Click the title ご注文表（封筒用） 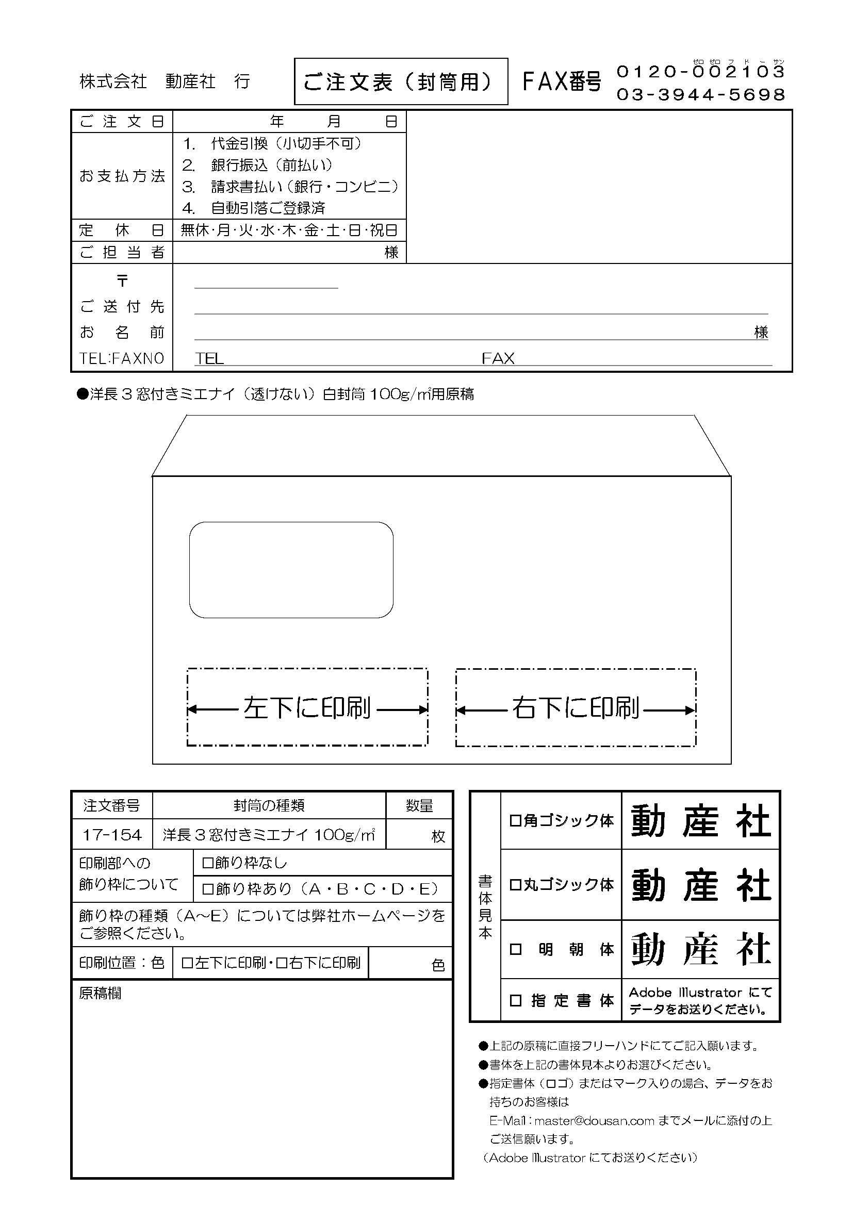tap(400, 82)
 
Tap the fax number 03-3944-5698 tap(700, 94)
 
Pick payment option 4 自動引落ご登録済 tap(268, 208)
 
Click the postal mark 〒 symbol tap(122, 280)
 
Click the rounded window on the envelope tap(291, 569)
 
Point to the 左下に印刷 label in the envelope tap(307, 708)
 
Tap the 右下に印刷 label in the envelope tap(576, 708)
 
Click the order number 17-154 tap(112, 835)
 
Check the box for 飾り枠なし tap(207, 863)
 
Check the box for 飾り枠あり tap(207, 889)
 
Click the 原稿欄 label tap(100, 993)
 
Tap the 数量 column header tap(419, 805)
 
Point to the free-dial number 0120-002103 tap(700, 72)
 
